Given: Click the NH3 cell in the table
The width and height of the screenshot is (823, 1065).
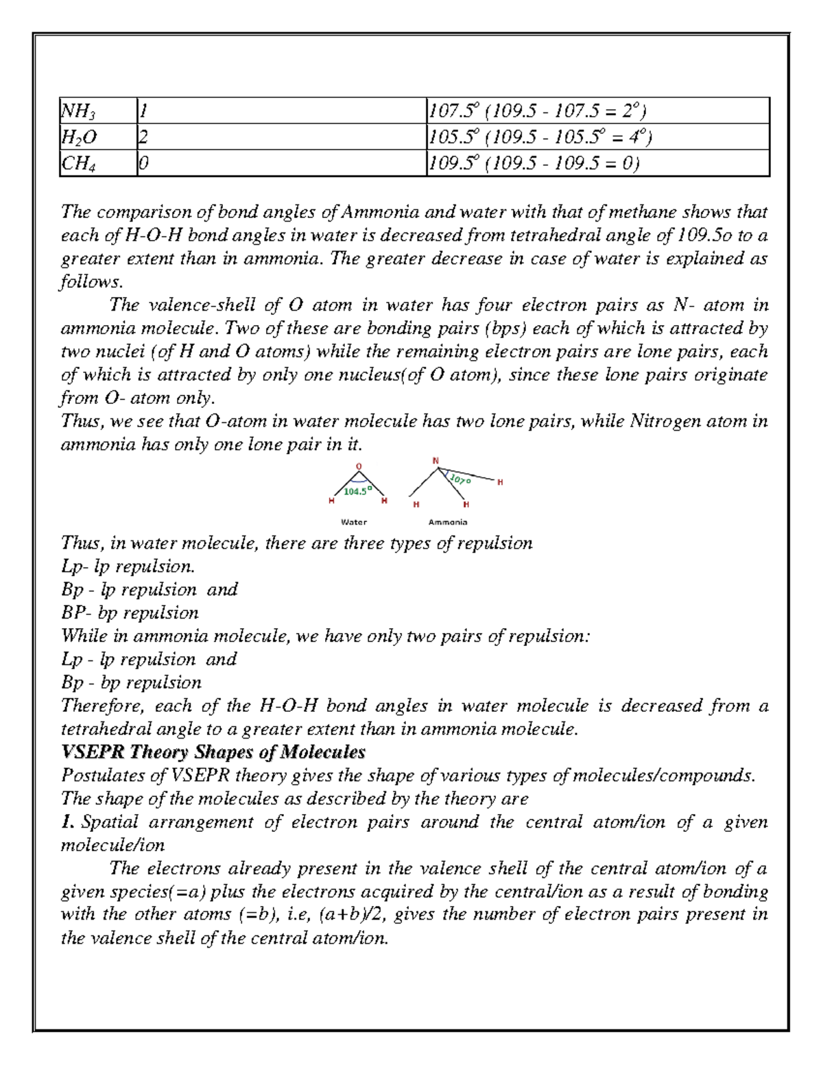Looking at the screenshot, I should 79,111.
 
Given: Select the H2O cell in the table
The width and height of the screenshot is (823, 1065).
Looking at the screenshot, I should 79,137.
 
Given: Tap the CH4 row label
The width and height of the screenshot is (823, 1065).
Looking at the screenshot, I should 79,164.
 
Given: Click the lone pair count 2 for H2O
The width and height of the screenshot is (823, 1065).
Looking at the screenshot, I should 143,137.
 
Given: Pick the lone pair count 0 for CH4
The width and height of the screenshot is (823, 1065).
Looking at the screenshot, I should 143,164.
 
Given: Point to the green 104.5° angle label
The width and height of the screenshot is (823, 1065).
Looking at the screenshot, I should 357,491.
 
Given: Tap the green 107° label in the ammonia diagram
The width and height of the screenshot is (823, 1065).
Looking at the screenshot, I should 460,479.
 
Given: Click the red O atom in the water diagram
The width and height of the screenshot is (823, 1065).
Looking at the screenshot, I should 358,466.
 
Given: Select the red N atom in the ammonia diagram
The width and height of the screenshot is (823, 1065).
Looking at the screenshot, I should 436,461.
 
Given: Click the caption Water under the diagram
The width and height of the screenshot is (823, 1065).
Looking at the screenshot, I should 354,522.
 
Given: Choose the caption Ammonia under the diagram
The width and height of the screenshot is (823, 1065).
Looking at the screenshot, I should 448,522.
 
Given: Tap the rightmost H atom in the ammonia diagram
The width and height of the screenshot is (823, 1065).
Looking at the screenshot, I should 500,482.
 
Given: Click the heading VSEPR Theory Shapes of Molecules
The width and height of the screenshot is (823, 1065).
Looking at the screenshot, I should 213,752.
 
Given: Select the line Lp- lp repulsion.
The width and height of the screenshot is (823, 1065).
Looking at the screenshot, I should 128,566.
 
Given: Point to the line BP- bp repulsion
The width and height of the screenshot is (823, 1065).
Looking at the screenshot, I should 130,613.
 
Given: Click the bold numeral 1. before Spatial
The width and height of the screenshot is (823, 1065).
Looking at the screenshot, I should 67,822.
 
